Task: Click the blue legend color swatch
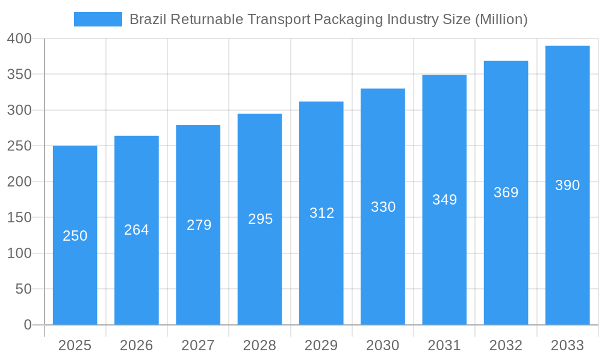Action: coord(98,19)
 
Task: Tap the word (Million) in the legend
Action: coord(501,19)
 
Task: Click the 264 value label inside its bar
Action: coord(137,230)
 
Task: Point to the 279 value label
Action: coord(199,225)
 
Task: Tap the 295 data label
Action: coord(260,219)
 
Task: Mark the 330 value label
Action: coord(383,207)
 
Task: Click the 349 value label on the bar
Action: coord(444,200)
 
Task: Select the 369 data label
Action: coord(506,193)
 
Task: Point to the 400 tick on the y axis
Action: coord(19,39)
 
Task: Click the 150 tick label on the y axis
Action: coord(19,218)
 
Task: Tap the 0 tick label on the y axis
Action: coord(27,325)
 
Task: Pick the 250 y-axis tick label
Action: coord(19,146)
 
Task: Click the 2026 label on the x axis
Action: coord(137,345)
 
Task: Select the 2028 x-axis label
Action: coord(259,345)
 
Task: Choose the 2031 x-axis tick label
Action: coord(444,345)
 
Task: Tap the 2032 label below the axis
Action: coord(506,345)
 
